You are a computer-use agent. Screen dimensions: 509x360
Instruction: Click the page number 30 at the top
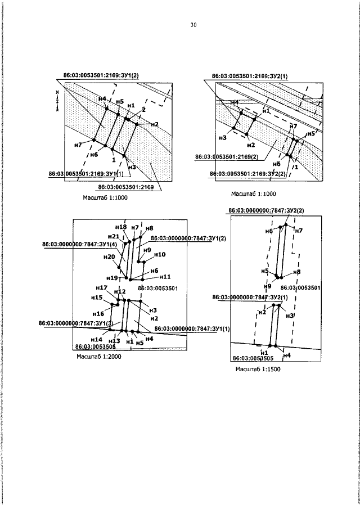(193, 25)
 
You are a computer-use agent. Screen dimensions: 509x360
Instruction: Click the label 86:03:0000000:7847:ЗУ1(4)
(79, 245)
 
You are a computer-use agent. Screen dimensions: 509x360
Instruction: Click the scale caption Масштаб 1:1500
(258, 370)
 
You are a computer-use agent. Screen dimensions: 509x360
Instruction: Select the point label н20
(109, 256)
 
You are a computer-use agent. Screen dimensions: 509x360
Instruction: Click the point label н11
(165, 276)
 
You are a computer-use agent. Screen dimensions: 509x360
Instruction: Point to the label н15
(96, 298)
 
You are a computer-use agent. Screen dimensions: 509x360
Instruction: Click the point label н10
(160, 254)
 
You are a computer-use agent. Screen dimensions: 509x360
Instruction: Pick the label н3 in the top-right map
(223, 137)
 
